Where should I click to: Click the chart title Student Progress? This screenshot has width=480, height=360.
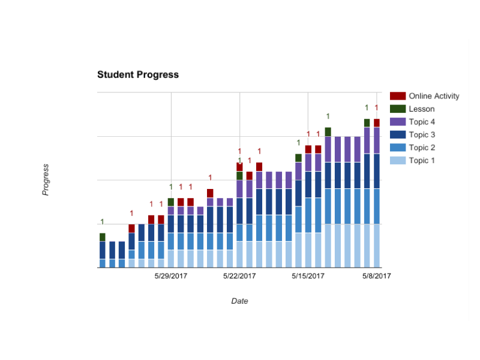pos(138,75)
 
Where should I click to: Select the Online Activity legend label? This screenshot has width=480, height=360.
pos(434,96)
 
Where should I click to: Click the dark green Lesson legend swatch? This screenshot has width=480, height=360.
pos(398,109)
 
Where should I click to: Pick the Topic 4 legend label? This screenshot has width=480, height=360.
pos(422,122)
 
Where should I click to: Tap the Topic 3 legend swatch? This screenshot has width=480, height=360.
pos(398,135)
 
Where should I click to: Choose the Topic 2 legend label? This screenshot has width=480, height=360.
pos(422,148)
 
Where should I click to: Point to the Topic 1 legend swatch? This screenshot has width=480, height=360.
pos(398,161)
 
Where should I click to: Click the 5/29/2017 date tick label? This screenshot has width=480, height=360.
pos(171,276)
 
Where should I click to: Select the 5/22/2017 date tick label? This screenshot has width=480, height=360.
pos(239,276)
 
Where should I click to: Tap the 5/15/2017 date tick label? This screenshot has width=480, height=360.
pos(308,276)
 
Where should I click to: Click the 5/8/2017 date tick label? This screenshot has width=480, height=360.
pos(376,276)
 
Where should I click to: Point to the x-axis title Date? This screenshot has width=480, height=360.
pos(239,301)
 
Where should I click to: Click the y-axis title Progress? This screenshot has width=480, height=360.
pos(46,179)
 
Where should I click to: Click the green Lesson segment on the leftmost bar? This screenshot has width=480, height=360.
pos(103,237)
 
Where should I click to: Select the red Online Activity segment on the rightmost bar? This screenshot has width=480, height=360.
pos(377,123)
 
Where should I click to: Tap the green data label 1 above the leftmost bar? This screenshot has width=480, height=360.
pos(103,221)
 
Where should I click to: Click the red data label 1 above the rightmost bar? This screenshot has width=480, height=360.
pos(377,108)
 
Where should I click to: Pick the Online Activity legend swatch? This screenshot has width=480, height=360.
pos(398,96)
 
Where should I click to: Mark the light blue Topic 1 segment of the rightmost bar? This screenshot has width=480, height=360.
pos(377,245)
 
